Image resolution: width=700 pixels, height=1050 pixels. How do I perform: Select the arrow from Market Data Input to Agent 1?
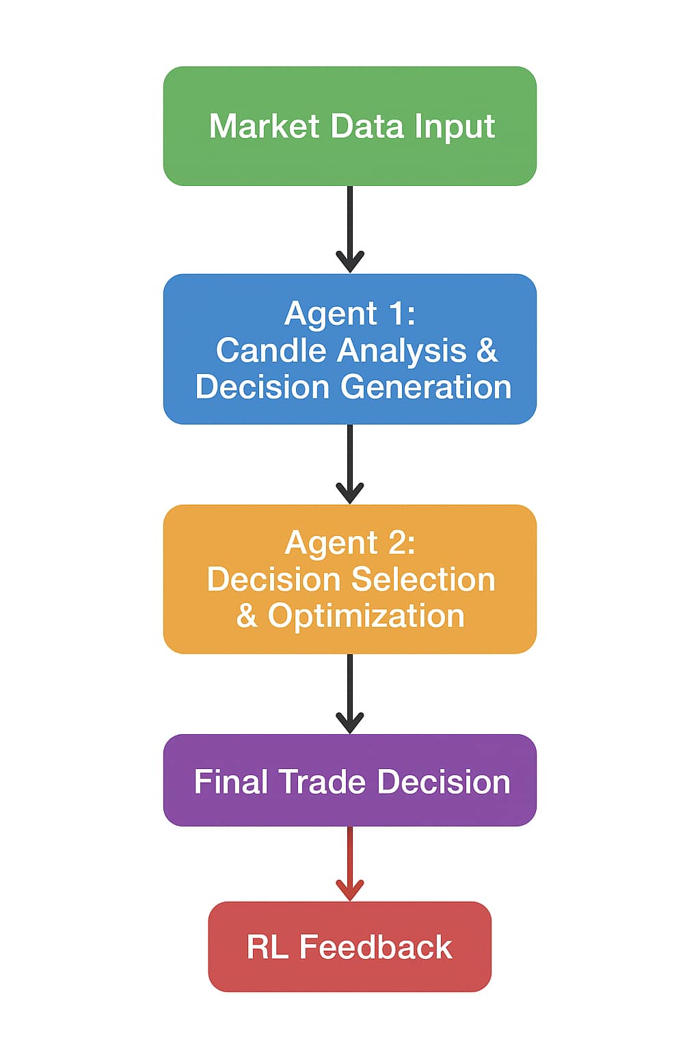350,229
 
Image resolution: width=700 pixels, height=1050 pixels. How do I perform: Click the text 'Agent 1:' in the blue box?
350,314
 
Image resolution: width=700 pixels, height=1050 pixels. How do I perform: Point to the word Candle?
271,351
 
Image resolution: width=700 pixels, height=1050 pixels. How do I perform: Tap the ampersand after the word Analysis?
487,351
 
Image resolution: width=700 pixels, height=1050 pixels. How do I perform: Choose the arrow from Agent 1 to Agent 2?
350,463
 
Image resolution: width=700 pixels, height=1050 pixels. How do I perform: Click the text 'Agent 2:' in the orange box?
350,543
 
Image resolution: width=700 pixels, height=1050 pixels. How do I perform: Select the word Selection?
430,580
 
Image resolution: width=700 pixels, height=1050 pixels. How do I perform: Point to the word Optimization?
366,616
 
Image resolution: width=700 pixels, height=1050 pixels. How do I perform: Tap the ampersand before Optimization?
247,616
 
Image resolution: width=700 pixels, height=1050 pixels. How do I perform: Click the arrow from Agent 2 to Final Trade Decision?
350,693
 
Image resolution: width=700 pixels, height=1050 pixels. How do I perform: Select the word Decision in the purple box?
444,782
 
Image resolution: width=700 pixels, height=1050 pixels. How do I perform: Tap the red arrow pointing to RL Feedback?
350,863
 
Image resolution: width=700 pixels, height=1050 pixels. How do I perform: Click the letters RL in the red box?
267,947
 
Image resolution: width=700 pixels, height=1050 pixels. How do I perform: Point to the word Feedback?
376,947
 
